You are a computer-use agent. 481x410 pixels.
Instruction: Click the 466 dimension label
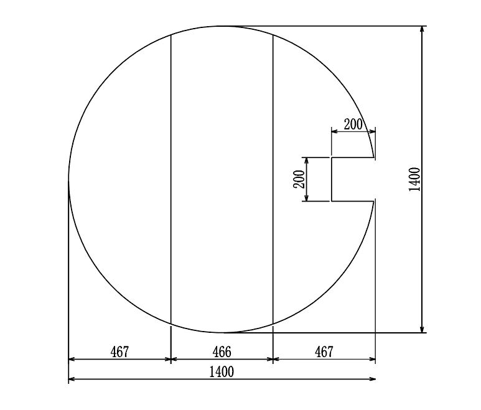[x=222, y=352]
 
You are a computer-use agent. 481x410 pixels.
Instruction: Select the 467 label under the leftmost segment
[x=119, y=352]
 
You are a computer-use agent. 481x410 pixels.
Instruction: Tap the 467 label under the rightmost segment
[x=324, y=352]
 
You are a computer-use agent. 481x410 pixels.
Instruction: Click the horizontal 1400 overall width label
[x=222, y=372]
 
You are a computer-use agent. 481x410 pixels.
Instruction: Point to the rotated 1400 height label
[x=414, y=179]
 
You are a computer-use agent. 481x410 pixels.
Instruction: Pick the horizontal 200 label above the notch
[x=353, y=124]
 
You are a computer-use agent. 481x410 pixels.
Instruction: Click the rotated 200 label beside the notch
[x=299, y=179]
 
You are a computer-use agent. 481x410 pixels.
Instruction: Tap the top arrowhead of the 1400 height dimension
[x=423, y=30]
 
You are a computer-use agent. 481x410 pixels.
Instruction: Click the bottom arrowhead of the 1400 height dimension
[x=423, y=328]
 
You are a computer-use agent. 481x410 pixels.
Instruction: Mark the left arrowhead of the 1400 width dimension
[x=72, y=380]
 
